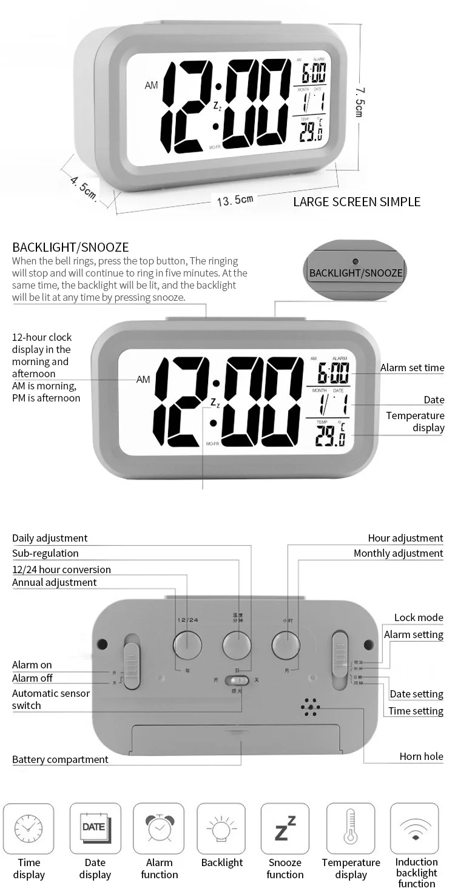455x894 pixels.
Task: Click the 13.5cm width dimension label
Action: (x=235, y=200)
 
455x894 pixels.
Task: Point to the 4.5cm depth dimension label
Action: (x=83, y=187)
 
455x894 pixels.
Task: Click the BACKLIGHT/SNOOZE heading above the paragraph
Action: (x=70, y=247)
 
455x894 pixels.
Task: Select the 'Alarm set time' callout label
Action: (x=412, y=368)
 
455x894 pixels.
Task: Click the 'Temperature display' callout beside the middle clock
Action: (x=415, y=422)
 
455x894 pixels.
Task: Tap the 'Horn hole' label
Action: (x=421, y=756)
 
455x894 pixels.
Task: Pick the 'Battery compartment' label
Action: (x=60, y=759)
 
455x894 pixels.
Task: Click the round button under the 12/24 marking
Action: (x=187, y=645)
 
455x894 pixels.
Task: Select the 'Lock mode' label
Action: (x=419, y=617)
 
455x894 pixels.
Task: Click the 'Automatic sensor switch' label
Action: (x=51, y=699)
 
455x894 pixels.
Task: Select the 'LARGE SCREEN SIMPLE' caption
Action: (x=357, y=202)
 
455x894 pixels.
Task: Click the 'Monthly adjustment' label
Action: (x=398, y=553)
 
